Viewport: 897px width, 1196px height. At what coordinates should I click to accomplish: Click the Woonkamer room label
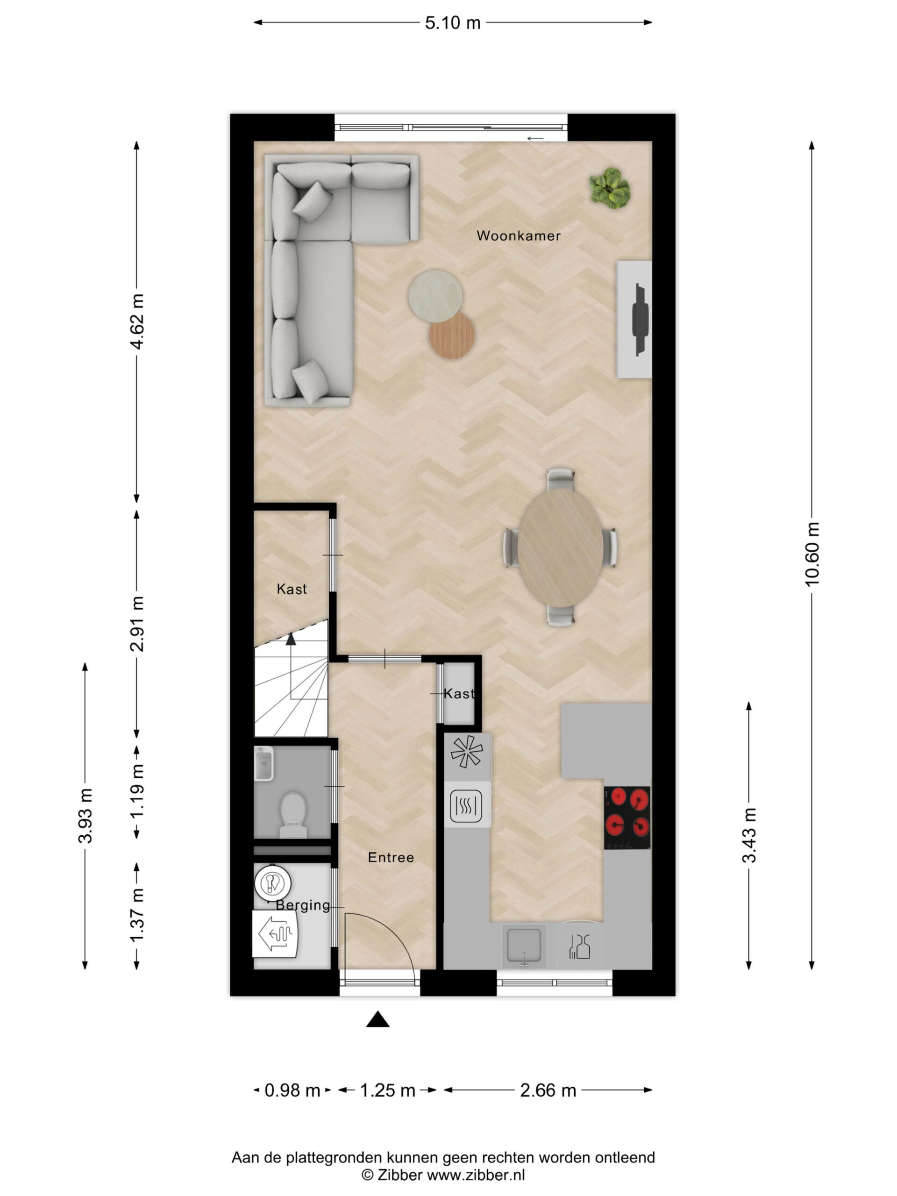coord(518,236)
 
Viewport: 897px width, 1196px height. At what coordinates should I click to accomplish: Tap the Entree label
coord(391,858)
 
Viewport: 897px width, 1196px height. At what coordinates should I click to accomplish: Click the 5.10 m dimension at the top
coord(453,23)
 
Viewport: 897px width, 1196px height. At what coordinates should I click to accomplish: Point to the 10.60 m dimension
coord(812,554)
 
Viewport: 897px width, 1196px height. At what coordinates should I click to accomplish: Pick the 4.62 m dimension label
coord(137,322)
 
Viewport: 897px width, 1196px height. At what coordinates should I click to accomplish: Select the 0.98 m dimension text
coord(292,1090)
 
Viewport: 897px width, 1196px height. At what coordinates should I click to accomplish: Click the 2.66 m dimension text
coord(548,1090)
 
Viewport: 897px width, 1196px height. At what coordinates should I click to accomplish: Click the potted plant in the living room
coord(610,188)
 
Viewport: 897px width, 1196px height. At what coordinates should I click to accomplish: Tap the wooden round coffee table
coord(451,336)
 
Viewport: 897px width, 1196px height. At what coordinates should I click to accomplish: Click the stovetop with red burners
coord(627,818)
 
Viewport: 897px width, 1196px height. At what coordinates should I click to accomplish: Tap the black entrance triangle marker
coord(378,1019)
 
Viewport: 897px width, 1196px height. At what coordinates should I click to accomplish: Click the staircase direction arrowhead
coord(291,639)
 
